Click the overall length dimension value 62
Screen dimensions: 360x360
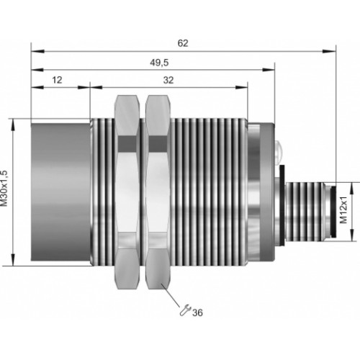[183, 43]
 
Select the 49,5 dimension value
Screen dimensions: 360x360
[159, 63]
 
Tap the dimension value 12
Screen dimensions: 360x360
[57, 80]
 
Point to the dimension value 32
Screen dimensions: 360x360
[168, 80]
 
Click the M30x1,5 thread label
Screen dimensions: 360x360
[4, 189]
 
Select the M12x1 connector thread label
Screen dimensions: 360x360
[343, 210]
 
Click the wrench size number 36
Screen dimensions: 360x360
[197, 313]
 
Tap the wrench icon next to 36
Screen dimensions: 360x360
[185, 310]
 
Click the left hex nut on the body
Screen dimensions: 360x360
[127, 192]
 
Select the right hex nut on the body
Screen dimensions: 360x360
[158, 192]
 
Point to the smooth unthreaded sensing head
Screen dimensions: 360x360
[60, 192]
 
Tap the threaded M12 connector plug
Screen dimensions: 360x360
[305, 210]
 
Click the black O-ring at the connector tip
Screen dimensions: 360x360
[333, 210]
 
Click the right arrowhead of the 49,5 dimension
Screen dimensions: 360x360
[268, 70]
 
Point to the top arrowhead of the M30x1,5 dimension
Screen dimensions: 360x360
[14, 125]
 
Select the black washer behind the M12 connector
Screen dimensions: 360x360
[282, 205]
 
